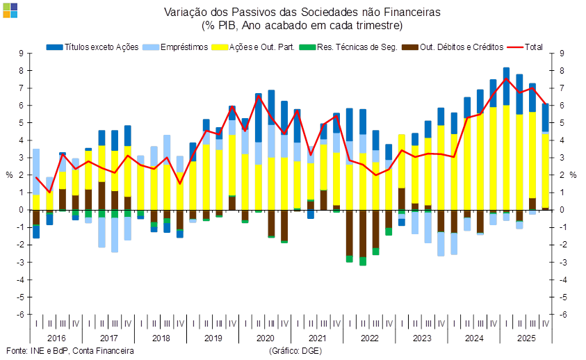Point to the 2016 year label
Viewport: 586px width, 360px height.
tap(56, 338)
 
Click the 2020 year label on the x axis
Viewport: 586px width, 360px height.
tap(264, 338)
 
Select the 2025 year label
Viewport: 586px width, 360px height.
tap(526, 338)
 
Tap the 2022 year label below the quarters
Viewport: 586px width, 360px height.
tap(369, 338)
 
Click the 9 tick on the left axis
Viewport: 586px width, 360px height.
tap(22, 53)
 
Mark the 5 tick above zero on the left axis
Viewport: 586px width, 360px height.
tap(22, 122)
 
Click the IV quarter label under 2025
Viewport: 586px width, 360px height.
tap(545, 324)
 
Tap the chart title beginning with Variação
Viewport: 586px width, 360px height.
tap(302, 13)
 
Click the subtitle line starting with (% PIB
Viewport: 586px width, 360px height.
tap(302, 25)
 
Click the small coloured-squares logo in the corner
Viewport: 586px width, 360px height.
tap(10, 9)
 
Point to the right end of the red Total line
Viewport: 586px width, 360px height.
tap(546, 104)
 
